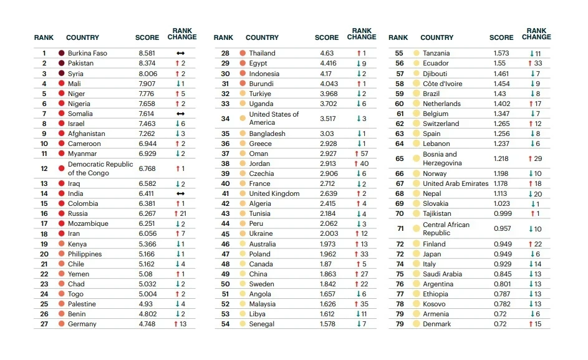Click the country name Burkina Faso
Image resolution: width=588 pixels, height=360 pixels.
[x=87, y=54]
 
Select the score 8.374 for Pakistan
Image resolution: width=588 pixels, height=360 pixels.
[x=147, y=64]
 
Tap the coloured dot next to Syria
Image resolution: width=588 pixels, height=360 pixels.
[x=62, y=74]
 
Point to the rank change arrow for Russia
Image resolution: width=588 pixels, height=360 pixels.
[x=176, y=214]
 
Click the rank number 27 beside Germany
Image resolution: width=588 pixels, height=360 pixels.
[x=44, y=324]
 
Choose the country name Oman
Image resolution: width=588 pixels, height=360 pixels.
[x=258, y=154]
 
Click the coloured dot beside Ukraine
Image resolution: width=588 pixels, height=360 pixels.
[x=242, y=234]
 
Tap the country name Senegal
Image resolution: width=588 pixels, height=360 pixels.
[x=261, y=324]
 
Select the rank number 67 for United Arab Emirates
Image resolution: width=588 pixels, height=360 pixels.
[x=400, y=184]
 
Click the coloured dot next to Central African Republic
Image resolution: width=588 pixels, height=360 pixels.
[x=416, y=229]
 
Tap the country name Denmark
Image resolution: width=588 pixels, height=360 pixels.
[x=436, y=324]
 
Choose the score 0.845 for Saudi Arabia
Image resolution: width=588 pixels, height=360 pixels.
[x=502, y=274]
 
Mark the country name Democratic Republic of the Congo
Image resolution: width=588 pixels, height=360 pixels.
[x=100, y=169]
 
